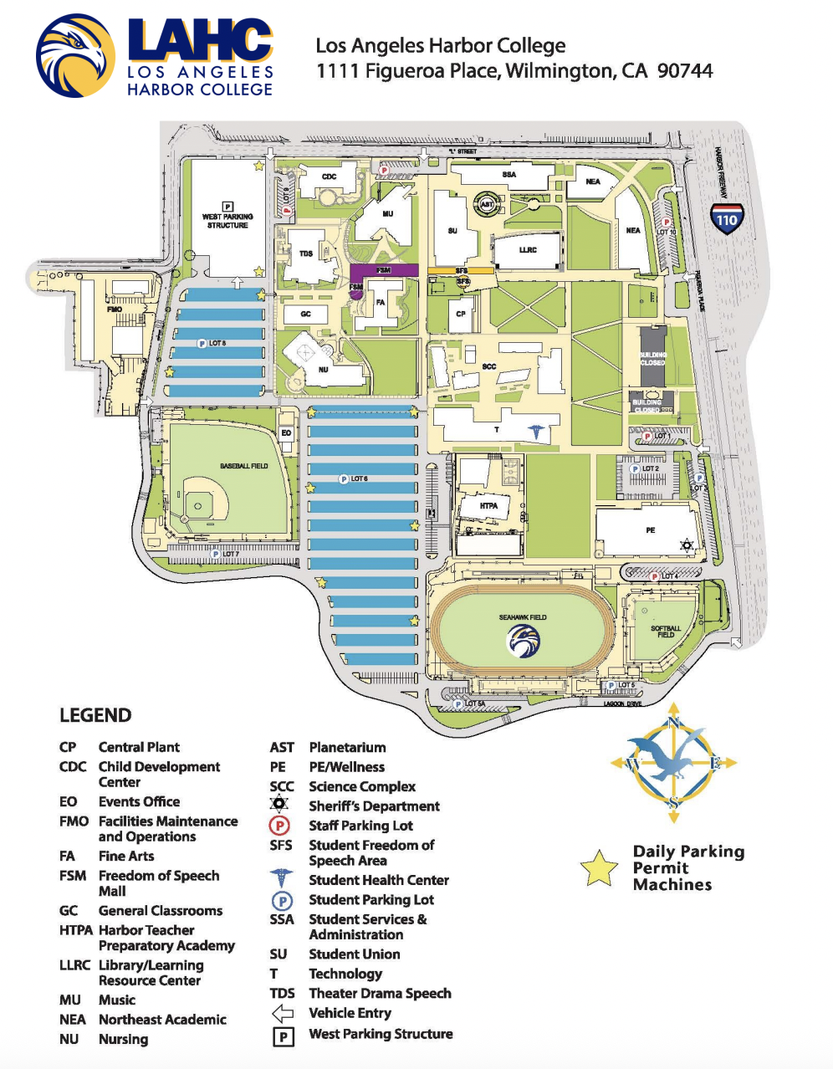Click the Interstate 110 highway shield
[x=726, y=218]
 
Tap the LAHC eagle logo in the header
[x=75, y=55]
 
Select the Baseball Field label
[x=244, y=466]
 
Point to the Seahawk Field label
[x=523, y=617]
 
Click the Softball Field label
[x=666, y=631]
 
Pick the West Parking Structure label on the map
[x=227, y=221]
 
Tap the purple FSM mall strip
[x=384, y=270]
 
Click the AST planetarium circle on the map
[x=488, y=203]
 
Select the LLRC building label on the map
[x=528, y=250]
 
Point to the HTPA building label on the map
[x=489, y=505]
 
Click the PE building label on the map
[x=651, y=530]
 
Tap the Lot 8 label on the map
[x=217, y=343]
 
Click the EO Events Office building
[x=286, y=432]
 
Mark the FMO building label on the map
[x=114, y=309]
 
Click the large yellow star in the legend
[x=599, y=868]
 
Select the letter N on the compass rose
[x=675, y=724]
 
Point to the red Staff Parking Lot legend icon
[x=279, y=826]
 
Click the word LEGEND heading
[x=95, y=715]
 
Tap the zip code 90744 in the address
[x=685, y=71]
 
